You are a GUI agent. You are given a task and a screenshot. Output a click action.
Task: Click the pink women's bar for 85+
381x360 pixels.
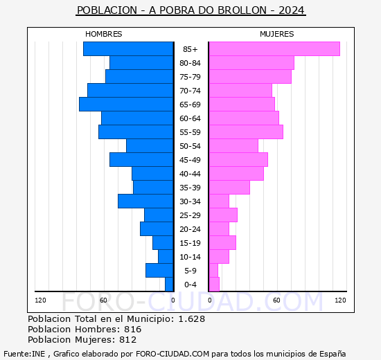[x=274, y=48]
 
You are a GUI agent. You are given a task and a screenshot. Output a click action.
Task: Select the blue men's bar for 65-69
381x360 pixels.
[x=126, y=104]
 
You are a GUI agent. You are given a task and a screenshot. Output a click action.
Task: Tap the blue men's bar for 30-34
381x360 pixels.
[x=145, y=201]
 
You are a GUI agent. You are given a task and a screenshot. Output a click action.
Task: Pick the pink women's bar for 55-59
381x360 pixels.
[x=245, y=132]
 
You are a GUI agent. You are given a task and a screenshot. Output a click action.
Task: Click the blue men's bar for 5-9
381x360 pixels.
[x=159, y=270]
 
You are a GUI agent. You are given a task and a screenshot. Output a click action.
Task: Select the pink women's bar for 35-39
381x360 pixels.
[x=229, y=187]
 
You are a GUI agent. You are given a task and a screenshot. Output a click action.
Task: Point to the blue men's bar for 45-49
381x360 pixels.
[x=141, y=159]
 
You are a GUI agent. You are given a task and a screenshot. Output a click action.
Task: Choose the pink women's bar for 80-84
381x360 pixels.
[x=251, y=62]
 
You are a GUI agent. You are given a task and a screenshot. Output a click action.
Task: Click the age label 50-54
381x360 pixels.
[x=190, y=146]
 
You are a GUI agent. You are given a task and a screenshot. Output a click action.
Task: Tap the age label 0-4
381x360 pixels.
[x=190, y=285]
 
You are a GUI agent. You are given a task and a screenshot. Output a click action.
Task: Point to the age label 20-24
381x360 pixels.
[x=190, y=229]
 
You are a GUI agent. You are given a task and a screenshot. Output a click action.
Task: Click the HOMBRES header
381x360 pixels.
[x=103, y=34]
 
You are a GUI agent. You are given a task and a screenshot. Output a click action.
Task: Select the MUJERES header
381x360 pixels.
[x=276, y=34]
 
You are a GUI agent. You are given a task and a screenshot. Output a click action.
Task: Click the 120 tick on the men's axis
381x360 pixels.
[x=40, y=300]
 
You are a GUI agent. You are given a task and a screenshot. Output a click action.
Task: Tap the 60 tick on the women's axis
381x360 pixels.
[x=276, y=300]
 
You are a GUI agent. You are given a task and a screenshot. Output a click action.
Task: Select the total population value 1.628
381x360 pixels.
[x=190, y=318]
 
